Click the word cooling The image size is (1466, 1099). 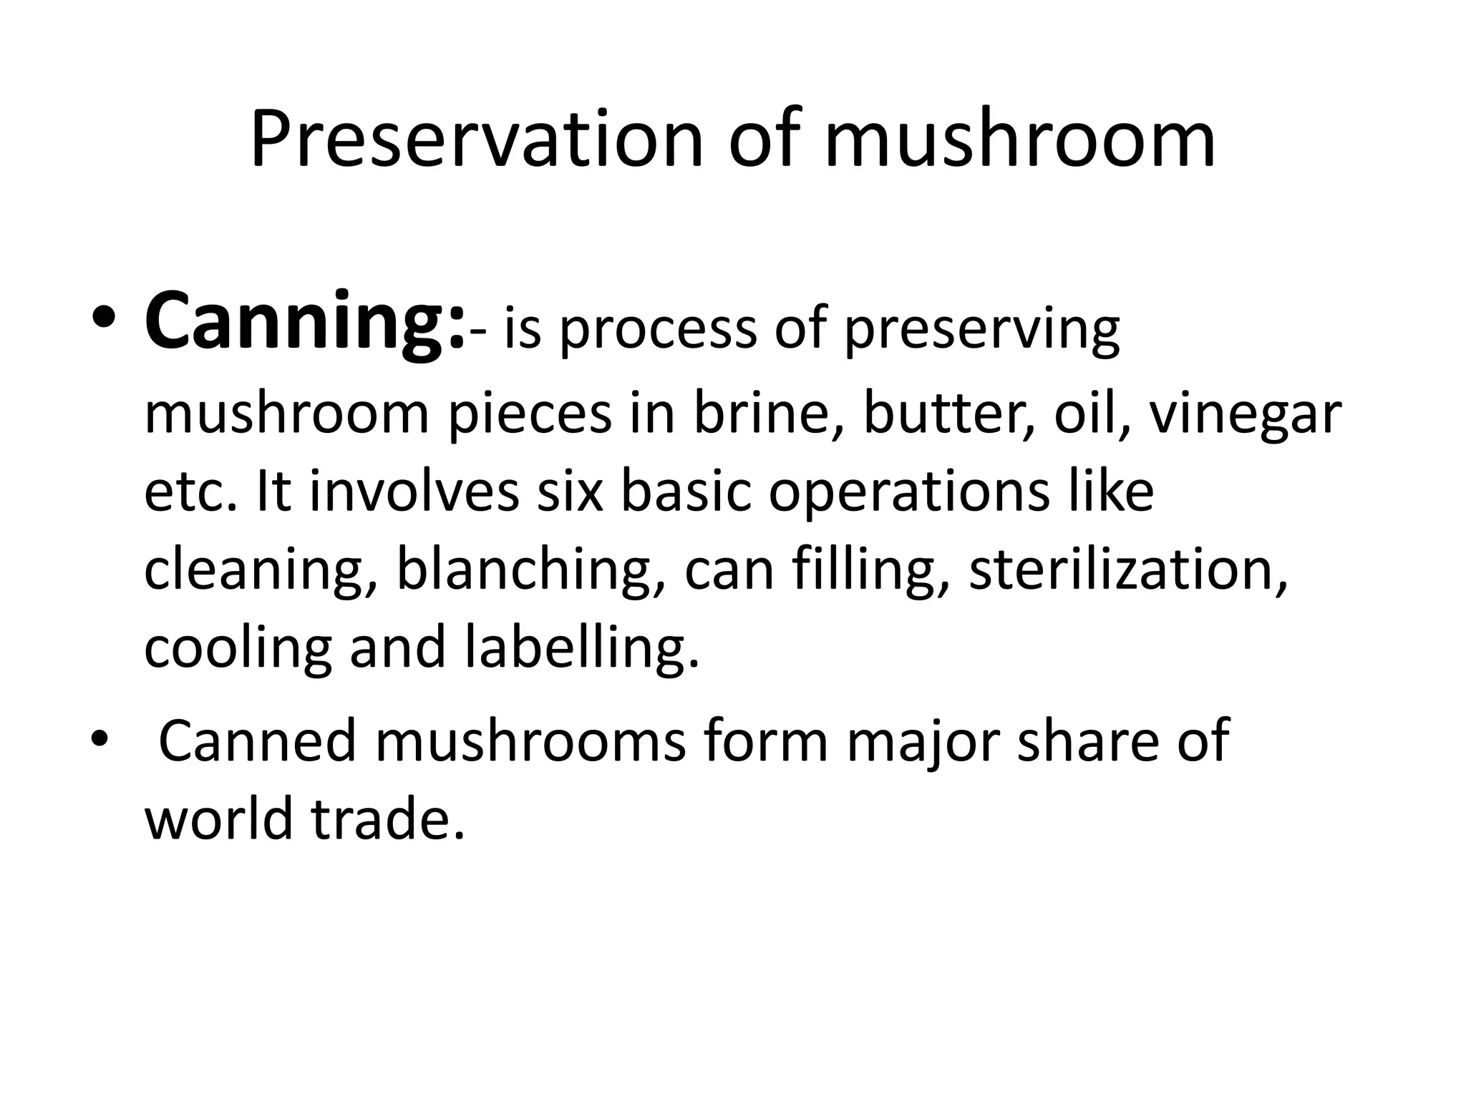coord(238,648)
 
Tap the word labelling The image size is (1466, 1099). coord(581,648)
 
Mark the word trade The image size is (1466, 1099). coord(387,819)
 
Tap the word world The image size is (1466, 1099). coord(219,819)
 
